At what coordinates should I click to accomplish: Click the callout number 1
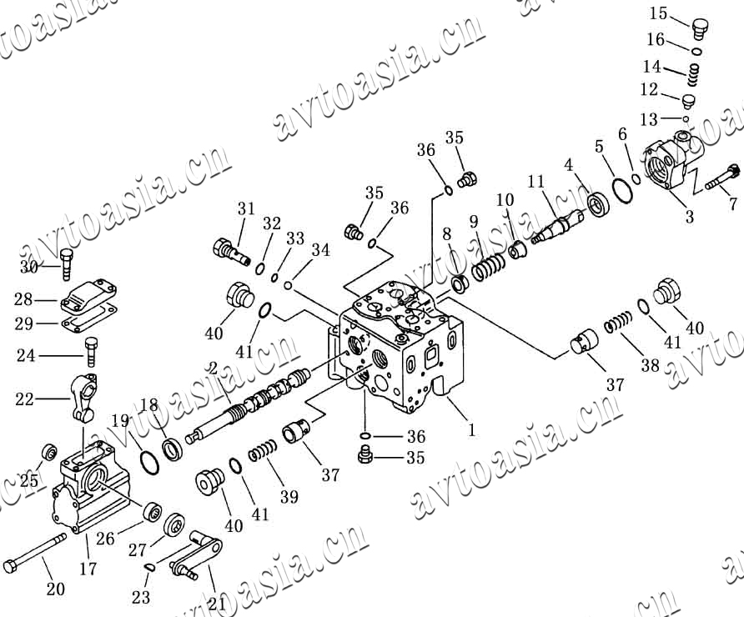pyautogui.click(x=471, y=430)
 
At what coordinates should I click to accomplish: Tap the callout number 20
pyautogui.click(x=55, y=589)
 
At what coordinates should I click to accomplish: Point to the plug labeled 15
pyautogui.click(x=701, y=28)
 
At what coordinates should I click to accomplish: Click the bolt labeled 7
pyautogui.click(x=722, y=178)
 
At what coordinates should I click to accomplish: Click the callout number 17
pyautogui.click(x=88, y=569)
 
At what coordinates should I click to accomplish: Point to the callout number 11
pyautogui.click(x=535, y=181)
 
